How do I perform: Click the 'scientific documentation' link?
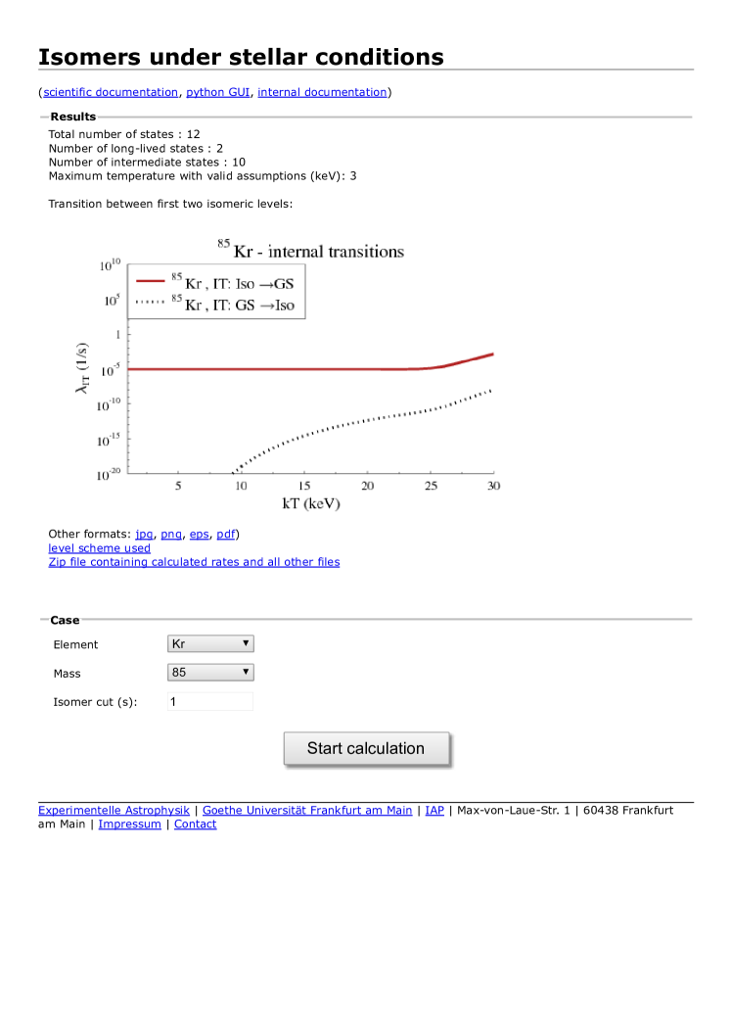click(111, 92)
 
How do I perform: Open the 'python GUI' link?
click(218, 92)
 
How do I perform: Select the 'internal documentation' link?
click(322, 92)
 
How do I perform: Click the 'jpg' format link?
click(145, 534)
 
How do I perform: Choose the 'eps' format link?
click(199, 534)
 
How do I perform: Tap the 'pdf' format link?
click(225, 534)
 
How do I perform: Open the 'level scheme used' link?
click(99, 548)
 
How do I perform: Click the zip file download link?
click(194, 562)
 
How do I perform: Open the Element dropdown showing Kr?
click(210, 643)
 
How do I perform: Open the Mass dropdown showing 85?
click(210, 673)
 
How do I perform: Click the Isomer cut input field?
click(210, 701)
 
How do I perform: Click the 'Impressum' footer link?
click(129, 824)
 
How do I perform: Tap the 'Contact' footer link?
click(195, 824)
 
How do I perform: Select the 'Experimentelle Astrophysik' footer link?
click(114, 810)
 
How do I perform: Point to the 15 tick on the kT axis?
click(304, 486)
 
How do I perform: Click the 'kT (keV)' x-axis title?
click(310, 503)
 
